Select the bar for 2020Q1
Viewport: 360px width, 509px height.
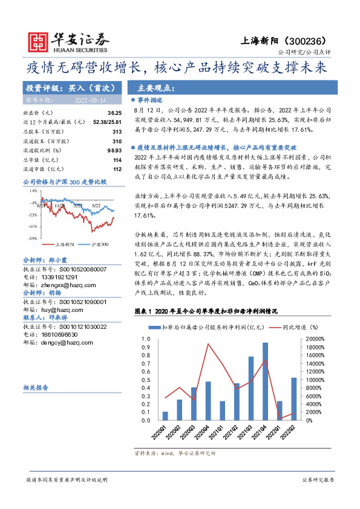(165, 416)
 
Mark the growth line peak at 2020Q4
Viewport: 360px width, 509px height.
(208, 345)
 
